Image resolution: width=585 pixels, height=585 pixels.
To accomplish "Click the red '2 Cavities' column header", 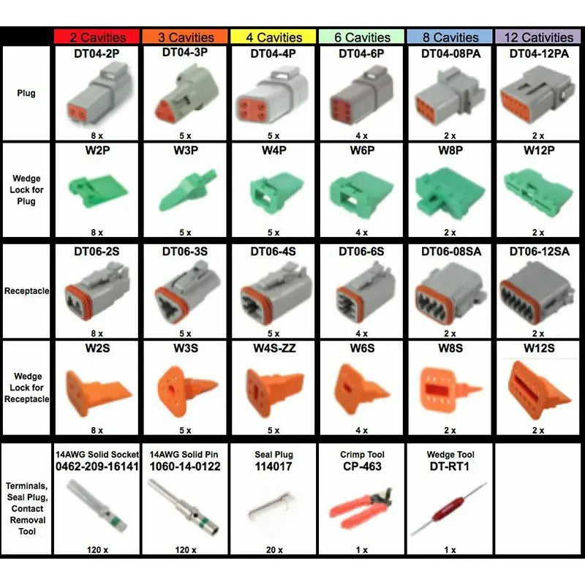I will [97, 37].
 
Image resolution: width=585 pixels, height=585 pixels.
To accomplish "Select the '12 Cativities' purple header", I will [540, 37].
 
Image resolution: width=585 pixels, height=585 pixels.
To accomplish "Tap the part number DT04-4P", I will [273, 53].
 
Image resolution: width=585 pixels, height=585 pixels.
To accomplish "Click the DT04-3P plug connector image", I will [185, 95].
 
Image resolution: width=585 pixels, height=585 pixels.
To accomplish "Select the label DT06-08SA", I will [450, 251].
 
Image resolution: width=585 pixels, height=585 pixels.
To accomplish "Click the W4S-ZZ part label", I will [273, 348].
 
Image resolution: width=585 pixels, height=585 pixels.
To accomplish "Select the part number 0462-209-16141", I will [97, 466].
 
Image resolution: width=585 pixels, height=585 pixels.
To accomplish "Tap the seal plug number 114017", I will [273, 466].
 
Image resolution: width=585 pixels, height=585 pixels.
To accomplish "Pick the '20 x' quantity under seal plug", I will [273, 550].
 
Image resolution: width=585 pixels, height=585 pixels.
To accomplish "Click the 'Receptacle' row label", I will [26, 291].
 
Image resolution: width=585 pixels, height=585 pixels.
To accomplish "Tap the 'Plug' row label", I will [26, 94].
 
